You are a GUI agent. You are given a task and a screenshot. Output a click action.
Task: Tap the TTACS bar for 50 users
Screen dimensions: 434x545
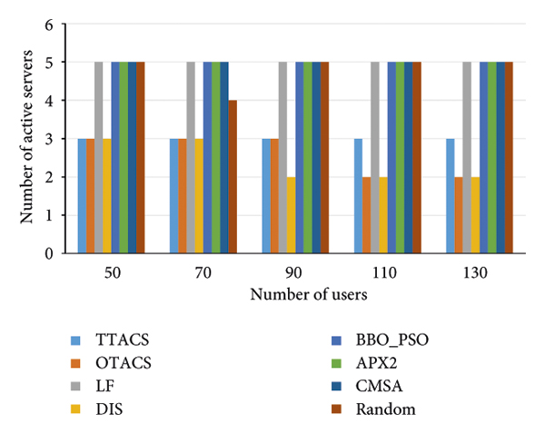click(82, 196)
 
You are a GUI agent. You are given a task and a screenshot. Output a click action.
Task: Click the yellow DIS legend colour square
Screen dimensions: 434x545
click(77, 409)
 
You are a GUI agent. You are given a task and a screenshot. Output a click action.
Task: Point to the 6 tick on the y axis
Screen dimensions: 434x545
click(50, 25)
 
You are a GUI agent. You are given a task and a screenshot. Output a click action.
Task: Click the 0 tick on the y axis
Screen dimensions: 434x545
click(50, 253)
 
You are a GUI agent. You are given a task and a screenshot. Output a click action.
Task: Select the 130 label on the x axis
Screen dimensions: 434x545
click(480, 273)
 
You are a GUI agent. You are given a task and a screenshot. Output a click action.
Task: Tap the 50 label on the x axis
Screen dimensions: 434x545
click(111, 273)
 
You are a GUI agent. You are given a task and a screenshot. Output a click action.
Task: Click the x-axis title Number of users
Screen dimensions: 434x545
click(295, 294)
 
